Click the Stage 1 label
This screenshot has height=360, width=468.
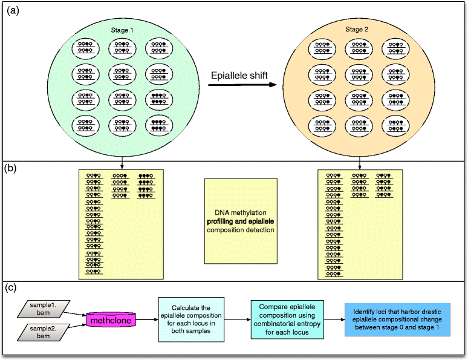click(122, 30)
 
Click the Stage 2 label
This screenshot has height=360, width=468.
click(357, 29)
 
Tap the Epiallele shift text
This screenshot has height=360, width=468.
click(239, 75)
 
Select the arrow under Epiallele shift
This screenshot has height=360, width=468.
click(242, 85)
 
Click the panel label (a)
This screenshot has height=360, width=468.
click(13, 11)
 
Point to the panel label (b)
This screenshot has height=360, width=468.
click(11, 168)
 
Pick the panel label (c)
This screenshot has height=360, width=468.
click(11, 287)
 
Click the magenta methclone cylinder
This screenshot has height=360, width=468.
click(111, 320)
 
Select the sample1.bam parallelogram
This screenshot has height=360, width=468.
click(44, 309)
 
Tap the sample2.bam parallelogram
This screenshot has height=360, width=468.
click(44, 332)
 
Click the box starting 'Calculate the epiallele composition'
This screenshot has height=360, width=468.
click(191, 319)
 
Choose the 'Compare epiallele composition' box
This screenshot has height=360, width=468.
click(287, 319)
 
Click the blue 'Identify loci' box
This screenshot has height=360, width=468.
click(397, 319)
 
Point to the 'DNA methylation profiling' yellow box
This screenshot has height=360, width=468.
click(241, 221)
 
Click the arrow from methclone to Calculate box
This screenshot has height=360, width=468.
click(147, 319)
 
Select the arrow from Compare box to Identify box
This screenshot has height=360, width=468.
click(334, 319)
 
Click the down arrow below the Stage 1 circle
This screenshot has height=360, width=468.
click(122, 163)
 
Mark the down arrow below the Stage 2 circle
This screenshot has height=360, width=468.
click(359, 163)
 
